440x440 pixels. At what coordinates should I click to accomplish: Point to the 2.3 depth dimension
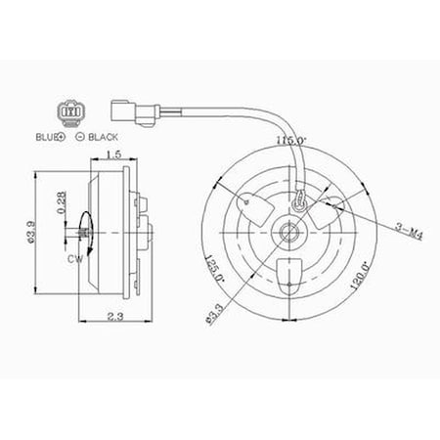[114, 316]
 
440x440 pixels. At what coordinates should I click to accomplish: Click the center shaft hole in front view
[288, 232]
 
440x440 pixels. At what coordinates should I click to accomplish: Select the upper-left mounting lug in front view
[252, 204]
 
